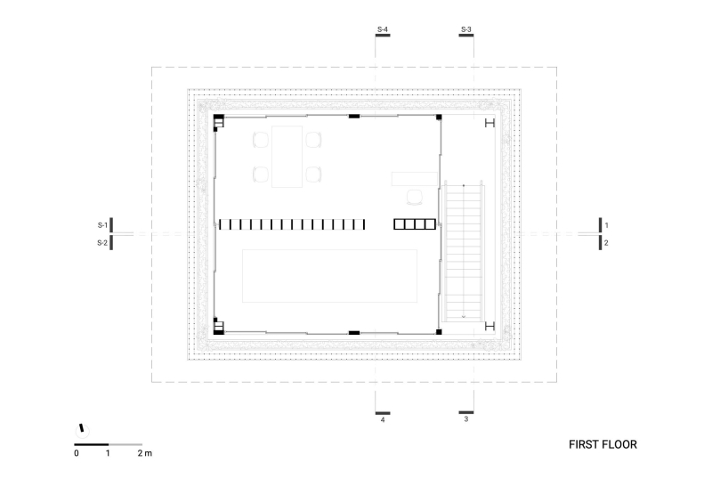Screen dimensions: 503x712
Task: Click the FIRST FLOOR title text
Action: [603, 443]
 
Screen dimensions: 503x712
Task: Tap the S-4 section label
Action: [383, 30]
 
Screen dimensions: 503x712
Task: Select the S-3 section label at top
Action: [466, 30]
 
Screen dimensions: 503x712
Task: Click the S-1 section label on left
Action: [102, 224]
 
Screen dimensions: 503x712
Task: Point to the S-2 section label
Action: [102, 242]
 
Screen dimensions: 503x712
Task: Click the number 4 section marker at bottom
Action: [383, 420]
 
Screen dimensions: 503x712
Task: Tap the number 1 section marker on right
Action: [607, 225]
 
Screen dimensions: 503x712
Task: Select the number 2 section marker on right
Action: [607, 242]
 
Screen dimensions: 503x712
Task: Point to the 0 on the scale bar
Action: [77, 454]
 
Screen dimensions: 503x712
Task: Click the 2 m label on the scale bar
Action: [144, 454]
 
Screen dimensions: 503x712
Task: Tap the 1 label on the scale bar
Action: [109, 454]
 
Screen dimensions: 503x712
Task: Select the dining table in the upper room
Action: [287, 157]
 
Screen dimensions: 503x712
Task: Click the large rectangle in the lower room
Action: [330, 277]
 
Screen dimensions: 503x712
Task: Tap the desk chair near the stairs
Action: [415, 198]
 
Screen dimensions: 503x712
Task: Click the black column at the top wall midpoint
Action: [353, 117]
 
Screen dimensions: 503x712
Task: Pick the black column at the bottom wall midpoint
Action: [353, 332]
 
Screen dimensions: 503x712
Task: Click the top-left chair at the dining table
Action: [261, 140]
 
